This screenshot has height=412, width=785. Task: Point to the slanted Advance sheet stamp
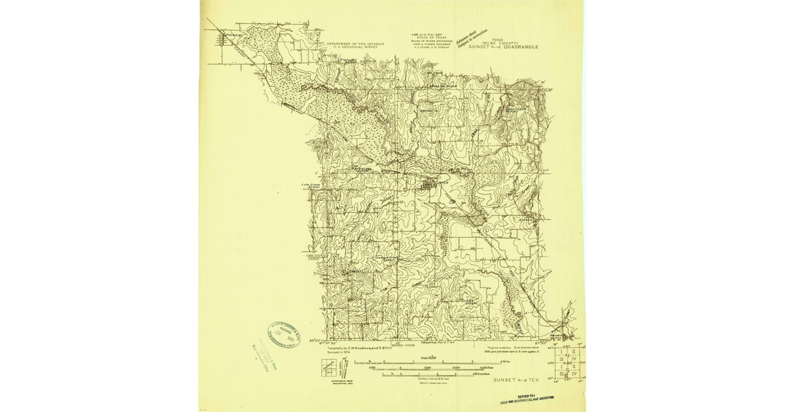(472, 38)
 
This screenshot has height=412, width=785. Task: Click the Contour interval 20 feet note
(428, 379)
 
